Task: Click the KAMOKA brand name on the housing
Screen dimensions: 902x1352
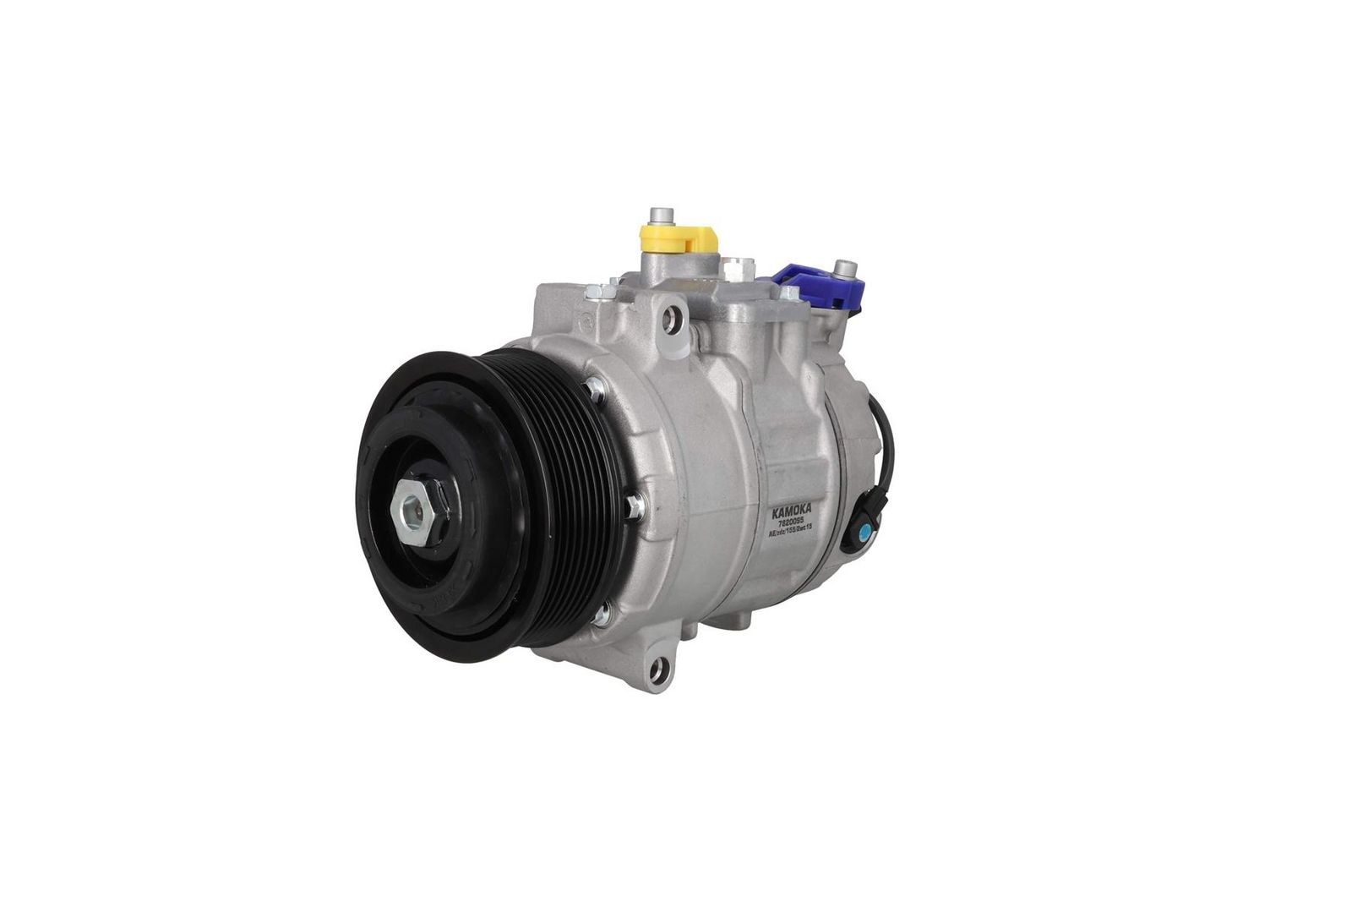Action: coord(789,512)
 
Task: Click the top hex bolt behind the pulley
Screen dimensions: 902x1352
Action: coord(597,388)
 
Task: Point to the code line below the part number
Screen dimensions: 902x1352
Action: coord(790,533)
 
